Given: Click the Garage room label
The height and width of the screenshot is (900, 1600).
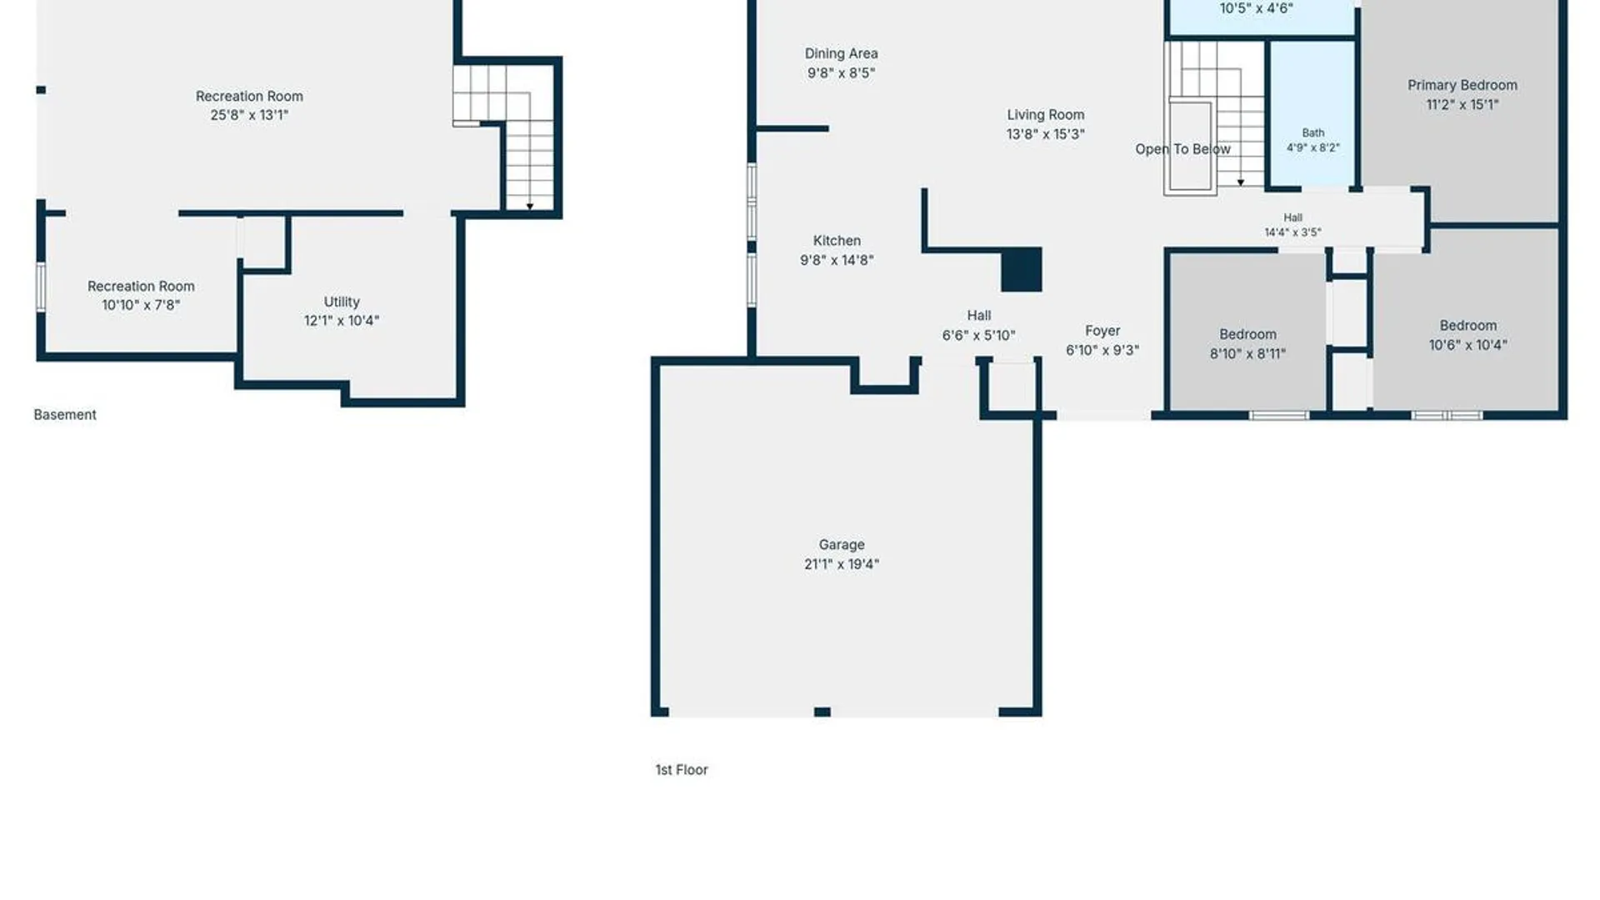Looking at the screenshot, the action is pyautogui.click(x=842, y=545).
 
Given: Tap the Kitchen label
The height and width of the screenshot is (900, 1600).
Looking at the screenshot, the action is pyautogui.click(x=837, y=241).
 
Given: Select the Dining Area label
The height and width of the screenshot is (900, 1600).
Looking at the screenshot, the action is pyautogui.click(x=841, y=53).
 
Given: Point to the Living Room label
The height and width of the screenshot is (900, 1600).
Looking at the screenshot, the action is pyautogui.click(x=1045, y=115).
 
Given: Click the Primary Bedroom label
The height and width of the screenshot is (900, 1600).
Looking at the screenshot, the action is pyautogui.click(x=1462, y=85).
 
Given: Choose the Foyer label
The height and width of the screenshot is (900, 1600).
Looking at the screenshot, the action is pyautogui.click(x=1102, y=331).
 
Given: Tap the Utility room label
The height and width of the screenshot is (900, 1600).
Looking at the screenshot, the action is pyautogui.click(x=342, y=302).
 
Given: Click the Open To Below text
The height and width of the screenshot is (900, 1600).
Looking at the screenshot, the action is pyautogui.click(x=1182, y=149).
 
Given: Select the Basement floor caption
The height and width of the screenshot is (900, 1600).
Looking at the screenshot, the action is pyautogui.click(x=65, y=415).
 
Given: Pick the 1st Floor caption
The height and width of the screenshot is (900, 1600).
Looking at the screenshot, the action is pyautogui.click(x=682, y=770).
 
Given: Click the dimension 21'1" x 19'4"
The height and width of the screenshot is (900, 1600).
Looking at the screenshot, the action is pyautogui.click(x=842, y=564).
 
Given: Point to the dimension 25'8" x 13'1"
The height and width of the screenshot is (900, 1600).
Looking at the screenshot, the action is pyautogui.click(x=249, y=115).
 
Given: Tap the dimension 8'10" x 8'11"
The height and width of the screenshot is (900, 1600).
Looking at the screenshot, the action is pyautogui.click(x=1247, y=353).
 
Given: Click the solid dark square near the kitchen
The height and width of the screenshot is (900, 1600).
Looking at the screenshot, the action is pyautogui.click(x=1022, y=269).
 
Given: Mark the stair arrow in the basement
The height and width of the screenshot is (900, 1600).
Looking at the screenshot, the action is pyautogui.click(x=530, y=206).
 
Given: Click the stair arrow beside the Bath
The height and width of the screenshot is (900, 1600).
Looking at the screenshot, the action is pyautogui.click(x=1241, y=182).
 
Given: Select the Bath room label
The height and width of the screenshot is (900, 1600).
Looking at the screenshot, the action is pyautogui.click(x=1313, y=132).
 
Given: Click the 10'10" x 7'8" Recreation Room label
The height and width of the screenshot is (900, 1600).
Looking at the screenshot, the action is pyautogui.click(x=141, y=296).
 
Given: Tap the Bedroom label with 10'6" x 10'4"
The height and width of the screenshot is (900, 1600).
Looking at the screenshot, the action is pyautogui.click(x=1467, y=335).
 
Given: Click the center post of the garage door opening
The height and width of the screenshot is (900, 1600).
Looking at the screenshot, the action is pyautogui.click(x=822, y=712).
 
